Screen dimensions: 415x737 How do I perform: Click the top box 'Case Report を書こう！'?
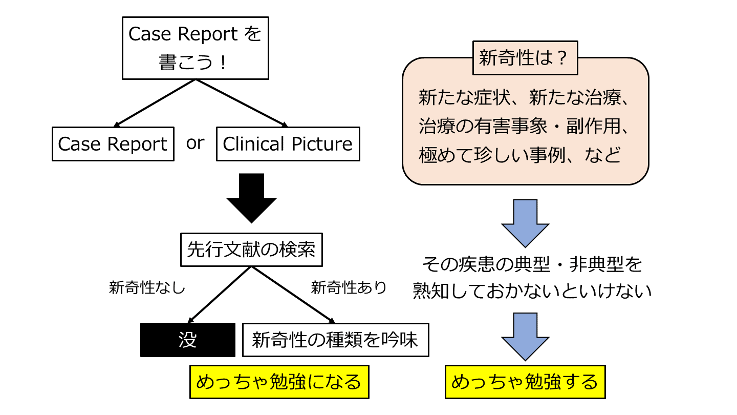[195, 49]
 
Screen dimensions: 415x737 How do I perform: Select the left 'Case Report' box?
[113, 144]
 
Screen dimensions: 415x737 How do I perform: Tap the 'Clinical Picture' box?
[288, 144]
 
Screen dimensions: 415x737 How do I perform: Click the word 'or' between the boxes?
[195, 143]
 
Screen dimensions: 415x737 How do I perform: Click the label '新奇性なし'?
[147, 288]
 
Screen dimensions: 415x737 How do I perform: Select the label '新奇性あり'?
[349, 288]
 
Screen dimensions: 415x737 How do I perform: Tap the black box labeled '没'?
[188, 340]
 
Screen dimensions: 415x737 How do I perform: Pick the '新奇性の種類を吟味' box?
[335, 340]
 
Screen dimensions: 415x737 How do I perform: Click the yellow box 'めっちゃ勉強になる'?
[279, 382]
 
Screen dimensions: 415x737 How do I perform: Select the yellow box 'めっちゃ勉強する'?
[525, 382]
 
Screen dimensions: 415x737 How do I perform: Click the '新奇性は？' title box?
[525, 58]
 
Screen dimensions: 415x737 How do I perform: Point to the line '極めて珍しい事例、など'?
[519, 155]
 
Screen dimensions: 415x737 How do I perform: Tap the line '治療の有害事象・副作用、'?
[525, 126]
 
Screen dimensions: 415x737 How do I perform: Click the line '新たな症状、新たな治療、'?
[525, 97]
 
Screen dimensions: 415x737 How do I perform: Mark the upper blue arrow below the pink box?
[525, 223]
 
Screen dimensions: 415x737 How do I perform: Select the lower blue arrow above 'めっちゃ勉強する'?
[525, 337]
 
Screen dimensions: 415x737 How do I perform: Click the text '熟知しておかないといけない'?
[532, 292]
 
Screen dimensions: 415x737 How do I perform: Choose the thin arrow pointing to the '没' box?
[220, 295]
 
